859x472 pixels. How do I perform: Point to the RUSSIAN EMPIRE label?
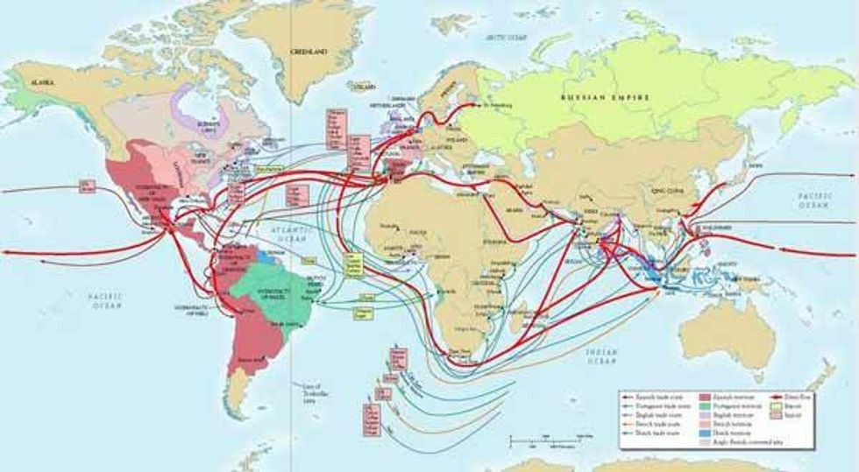click(x=605, y=97)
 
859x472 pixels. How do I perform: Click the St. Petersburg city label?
click(x=493, y=107)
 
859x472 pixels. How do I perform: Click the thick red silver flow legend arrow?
click(x=765, y=397)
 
